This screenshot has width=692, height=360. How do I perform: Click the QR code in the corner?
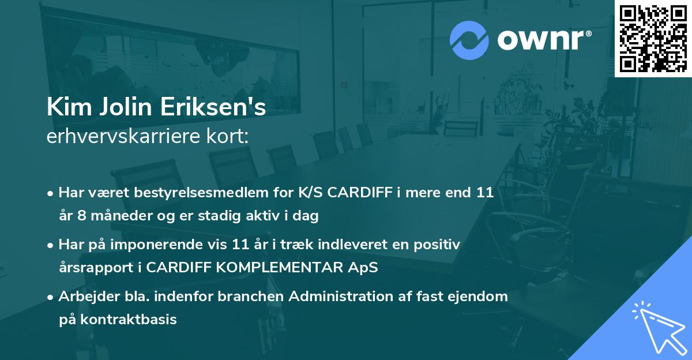click(653, 38)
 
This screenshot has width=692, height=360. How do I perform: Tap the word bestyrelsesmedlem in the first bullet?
click(197, 193)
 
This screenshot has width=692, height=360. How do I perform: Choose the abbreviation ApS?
click(364, 268)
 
